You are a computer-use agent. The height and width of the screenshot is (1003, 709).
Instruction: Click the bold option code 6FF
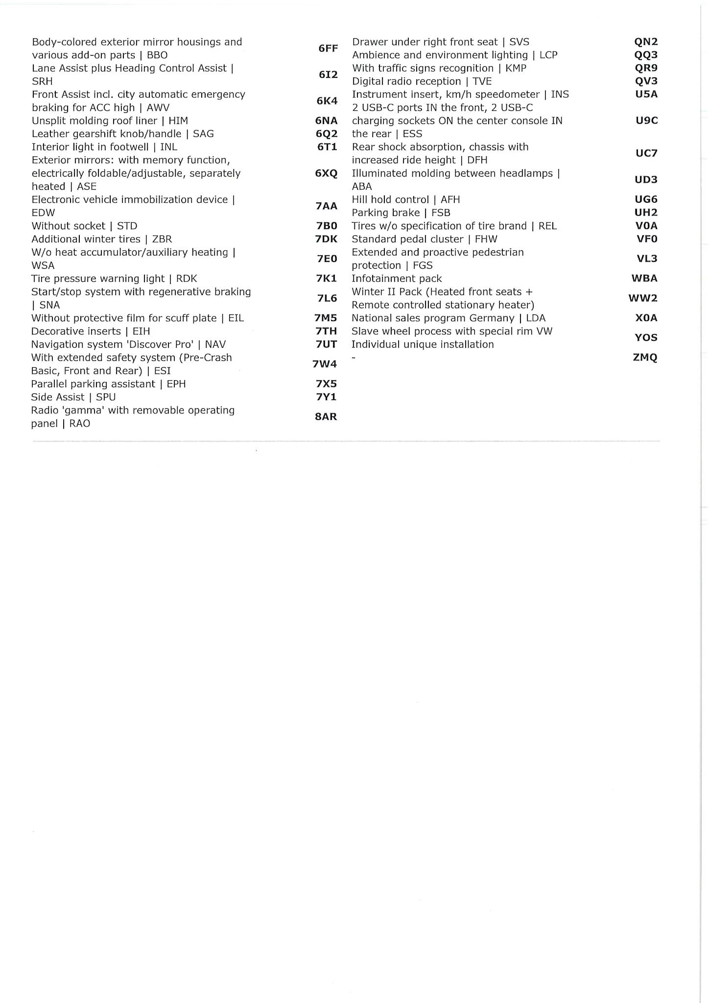click(x=328, y=48)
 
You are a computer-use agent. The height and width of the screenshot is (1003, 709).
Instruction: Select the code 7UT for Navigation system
click(x=326, y=344)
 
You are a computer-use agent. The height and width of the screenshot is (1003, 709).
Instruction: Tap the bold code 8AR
click(x=326, y=417)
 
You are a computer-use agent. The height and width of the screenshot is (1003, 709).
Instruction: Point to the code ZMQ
click(x=645, y=358)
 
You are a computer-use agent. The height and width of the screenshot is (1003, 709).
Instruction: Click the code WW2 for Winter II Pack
click(x=643, y=298)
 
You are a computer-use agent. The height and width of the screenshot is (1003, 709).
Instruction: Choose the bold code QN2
click(x=646, y=42)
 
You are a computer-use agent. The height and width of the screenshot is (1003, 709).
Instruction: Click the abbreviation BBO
click(x=157, y=55)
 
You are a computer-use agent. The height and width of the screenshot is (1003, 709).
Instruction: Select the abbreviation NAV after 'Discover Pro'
click(x=215, y=344)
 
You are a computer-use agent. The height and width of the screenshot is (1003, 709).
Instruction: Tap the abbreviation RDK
click(x=187, y=279)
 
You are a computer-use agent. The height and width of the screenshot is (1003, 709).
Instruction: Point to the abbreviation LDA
click(x=536, y=318)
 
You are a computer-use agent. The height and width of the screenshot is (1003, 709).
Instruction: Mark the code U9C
click(x=646, y=120)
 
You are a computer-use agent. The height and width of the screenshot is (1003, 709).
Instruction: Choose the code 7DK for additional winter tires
click(x=327, y=239)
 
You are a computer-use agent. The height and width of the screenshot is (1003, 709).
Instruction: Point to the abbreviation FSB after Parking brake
click(x=441, y=213)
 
